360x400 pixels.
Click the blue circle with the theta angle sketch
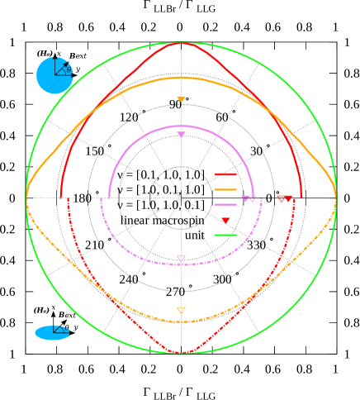(54, 75)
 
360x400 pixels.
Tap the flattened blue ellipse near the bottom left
(52, 332)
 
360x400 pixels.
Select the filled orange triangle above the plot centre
(181, 100)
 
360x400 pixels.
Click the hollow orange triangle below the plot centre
(181, 311)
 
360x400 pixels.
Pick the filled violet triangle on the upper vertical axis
(181, 135)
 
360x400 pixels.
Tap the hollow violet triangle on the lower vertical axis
(181, 260)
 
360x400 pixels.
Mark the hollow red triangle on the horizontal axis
(282, 199)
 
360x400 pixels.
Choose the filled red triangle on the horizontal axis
(289, 199)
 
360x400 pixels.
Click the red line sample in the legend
(225, 174)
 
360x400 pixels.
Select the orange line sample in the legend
(225, 189)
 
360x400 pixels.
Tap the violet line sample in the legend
(225, 204)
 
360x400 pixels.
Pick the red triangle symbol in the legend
(225, 221)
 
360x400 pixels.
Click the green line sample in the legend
(225, 236)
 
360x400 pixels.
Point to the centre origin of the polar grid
(181, 198)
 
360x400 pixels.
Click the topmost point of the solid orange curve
(181, 78)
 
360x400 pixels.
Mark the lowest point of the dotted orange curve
(181, 321)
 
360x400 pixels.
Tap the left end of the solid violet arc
(109, 198)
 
